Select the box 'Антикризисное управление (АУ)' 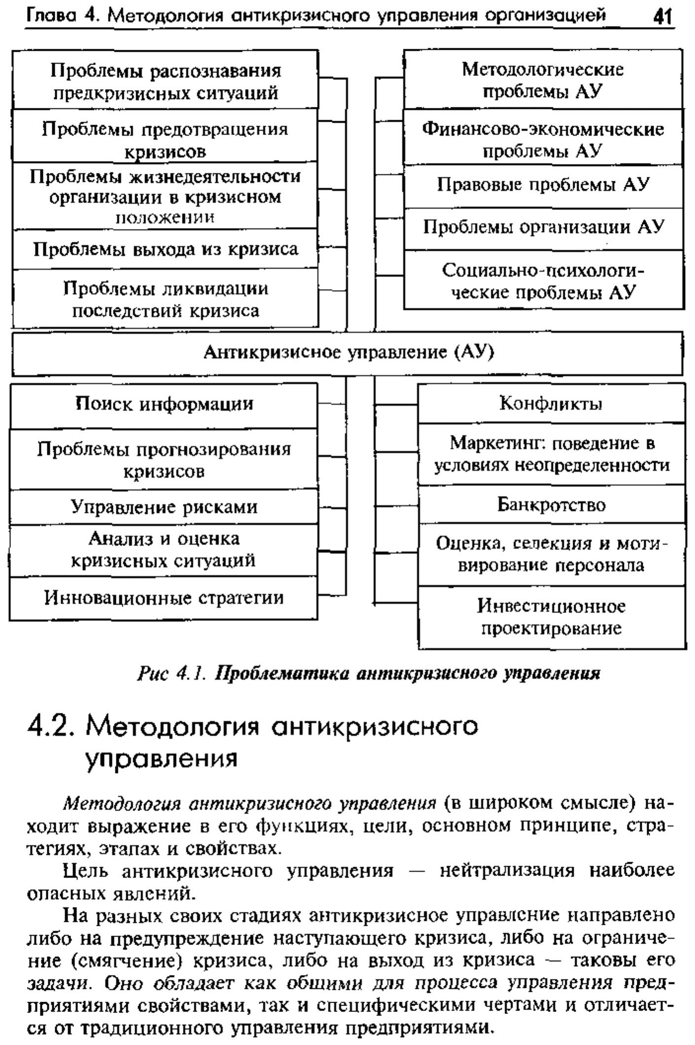[x=347, y=354]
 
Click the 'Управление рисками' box [x=164, y=507]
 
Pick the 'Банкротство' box [x=552, y=504]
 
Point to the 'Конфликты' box [x=552, y=403]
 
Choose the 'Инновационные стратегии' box [x=164, y=598]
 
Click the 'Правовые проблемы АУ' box [x=544, y=186]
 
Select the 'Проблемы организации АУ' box [x=544, y=229]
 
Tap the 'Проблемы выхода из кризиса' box [x=165, y=249]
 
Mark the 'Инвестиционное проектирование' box [x=552, y=617]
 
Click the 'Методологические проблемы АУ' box [x=544, y=79]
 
